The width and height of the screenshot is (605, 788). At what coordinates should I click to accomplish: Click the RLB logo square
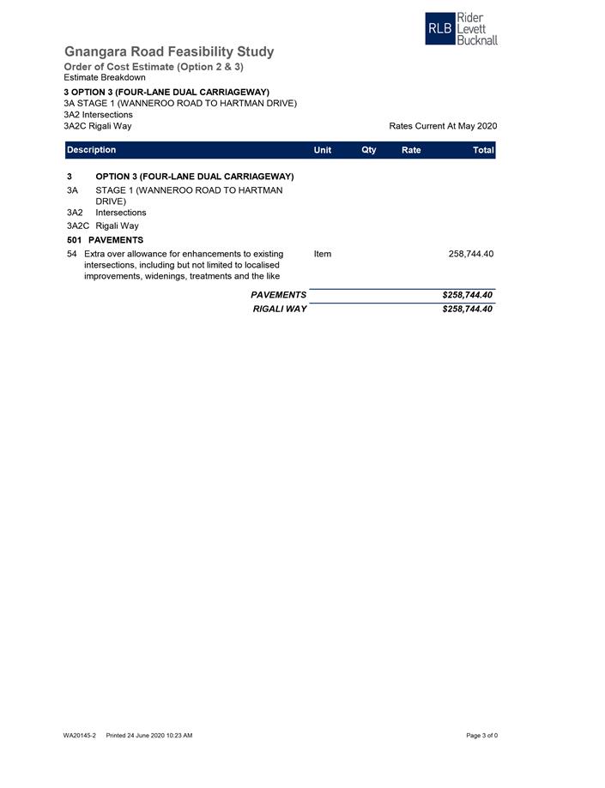coord(439,28)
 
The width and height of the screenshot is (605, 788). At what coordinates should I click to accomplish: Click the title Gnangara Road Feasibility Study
coord(169,51)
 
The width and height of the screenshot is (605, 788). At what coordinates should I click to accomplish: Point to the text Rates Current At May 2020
coord(443,126)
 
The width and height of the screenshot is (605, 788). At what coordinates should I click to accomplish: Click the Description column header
coord(91,150)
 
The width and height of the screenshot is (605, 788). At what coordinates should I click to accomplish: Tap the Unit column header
coord(323,150)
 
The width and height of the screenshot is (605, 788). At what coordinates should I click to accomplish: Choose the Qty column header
coord(369,150)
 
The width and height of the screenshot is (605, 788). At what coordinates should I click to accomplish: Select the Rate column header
coord(411,150)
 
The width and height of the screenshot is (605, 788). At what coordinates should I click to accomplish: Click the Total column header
coord(483,150)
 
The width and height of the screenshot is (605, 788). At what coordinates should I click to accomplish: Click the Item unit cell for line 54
coord(323,254)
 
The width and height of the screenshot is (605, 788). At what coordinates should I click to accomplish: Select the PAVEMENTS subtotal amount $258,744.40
coord(467,295)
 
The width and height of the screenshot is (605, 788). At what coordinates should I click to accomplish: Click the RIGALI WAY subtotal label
coord(279,309)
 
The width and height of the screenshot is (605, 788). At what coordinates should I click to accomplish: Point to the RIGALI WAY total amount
coord(467,309)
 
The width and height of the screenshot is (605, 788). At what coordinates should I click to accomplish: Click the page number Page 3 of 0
coord(481,736)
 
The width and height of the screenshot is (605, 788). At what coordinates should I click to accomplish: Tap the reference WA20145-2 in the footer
coord(79,736)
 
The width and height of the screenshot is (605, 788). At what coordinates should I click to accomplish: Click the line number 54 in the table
coord(72,254)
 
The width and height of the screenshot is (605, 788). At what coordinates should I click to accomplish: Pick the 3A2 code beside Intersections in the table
coord(75,213)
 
